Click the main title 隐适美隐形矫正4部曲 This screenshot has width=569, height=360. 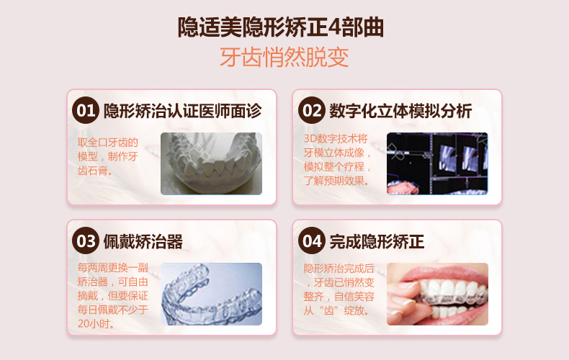[280, 27]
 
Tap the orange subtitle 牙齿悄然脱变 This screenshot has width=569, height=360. [284, 58]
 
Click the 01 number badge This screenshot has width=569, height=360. [86, 110]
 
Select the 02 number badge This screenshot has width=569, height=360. [312, 110]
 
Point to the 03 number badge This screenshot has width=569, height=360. [86, 240]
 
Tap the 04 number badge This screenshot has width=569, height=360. [312, 240]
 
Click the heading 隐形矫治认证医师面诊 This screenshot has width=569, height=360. [182, 111]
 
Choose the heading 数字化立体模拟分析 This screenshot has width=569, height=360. [400, 111]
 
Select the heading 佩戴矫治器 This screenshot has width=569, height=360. [143, 241]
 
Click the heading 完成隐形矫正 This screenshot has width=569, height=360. [377, 241]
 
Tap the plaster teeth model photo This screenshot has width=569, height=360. [211, 163]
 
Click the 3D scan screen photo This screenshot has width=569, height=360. [437, 163]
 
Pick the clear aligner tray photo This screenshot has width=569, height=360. [211, 294]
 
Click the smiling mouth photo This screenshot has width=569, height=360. [437, 294]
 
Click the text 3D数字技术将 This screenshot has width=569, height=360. [336, 139]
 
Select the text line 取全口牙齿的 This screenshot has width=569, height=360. [108, 143]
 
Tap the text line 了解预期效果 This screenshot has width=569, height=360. [336, 181]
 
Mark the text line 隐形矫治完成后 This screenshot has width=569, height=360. [339, 268]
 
